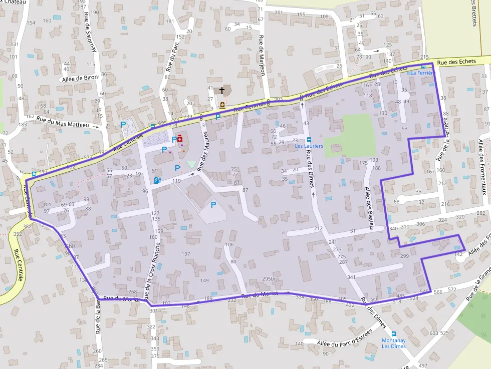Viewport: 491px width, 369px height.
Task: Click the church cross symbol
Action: point(221,91)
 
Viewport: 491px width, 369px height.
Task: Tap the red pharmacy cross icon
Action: point(180,140)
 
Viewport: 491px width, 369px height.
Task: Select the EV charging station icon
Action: point(158,181)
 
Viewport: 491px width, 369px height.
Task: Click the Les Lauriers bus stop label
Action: point(309,146)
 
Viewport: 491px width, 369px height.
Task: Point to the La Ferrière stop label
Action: point(422,73)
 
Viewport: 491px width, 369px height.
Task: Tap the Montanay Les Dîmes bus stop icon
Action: point(394,334)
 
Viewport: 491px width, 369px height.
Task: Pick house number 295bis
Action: point(270,279)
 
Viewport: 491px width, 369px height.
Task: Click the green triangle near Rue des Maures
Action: point(191,165)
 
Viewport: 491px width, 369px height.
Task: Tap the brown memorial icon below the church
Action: point(222,105)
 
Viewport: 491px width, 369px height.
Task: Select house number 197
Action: point(186,254)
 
